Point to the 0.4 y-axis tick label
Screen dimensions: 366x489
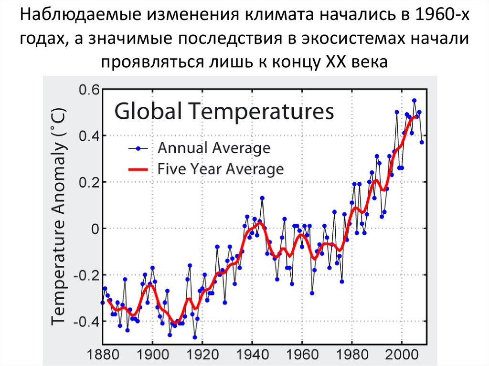coord(87,136)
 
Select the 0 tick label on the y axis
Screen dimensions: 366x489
coord(95,229)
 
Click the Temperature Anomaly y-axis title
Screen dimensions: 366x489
coord(60,214)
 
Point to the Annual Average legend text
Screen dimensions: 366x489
coord(214,148)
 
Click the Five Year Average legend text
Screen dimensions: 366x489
coord(221,169)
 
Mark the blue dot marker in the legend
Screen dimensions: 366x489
coord(139,148)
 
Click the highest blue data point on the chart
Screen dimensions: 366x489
coord(414,101)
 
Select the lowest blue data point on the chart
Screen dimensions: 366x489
coord(195,337)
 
